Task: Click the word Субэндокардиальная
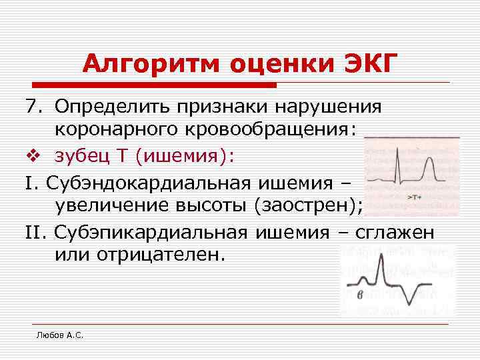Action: coord(151,181)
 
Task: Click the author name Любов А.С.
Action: coord(59,335)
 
